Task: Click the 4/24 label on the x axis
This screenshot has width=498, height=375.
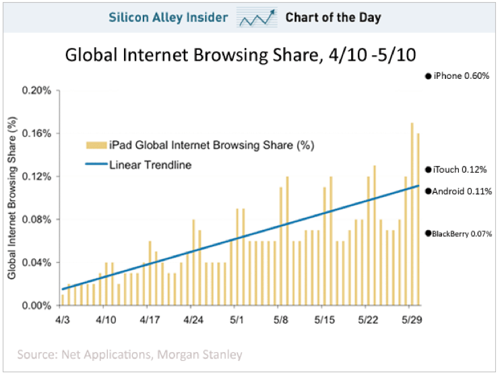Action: point(193,318)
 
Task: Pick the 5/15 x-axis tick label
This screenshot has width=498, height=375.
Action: point(325,318)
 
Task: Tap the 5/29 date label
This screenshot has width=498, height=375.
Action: point(412,318)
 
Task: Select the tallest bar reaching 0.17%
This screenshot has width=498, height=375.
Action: point(412,214)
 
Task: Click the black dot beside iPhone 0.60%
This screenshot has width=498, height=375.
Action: point(428,76)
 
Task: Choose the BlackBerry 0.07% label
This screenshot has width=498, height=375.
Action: point(462,233)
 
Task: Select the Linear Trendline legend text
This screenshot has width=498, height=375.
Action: point(150,165)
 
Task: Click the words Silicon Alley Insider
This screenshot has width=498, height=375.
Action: point(168,18)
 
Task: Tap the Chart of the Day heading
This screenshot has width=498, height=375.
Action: point(333,18)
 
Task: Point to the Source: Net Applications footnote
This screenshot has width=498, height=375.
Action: point(127,353)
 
